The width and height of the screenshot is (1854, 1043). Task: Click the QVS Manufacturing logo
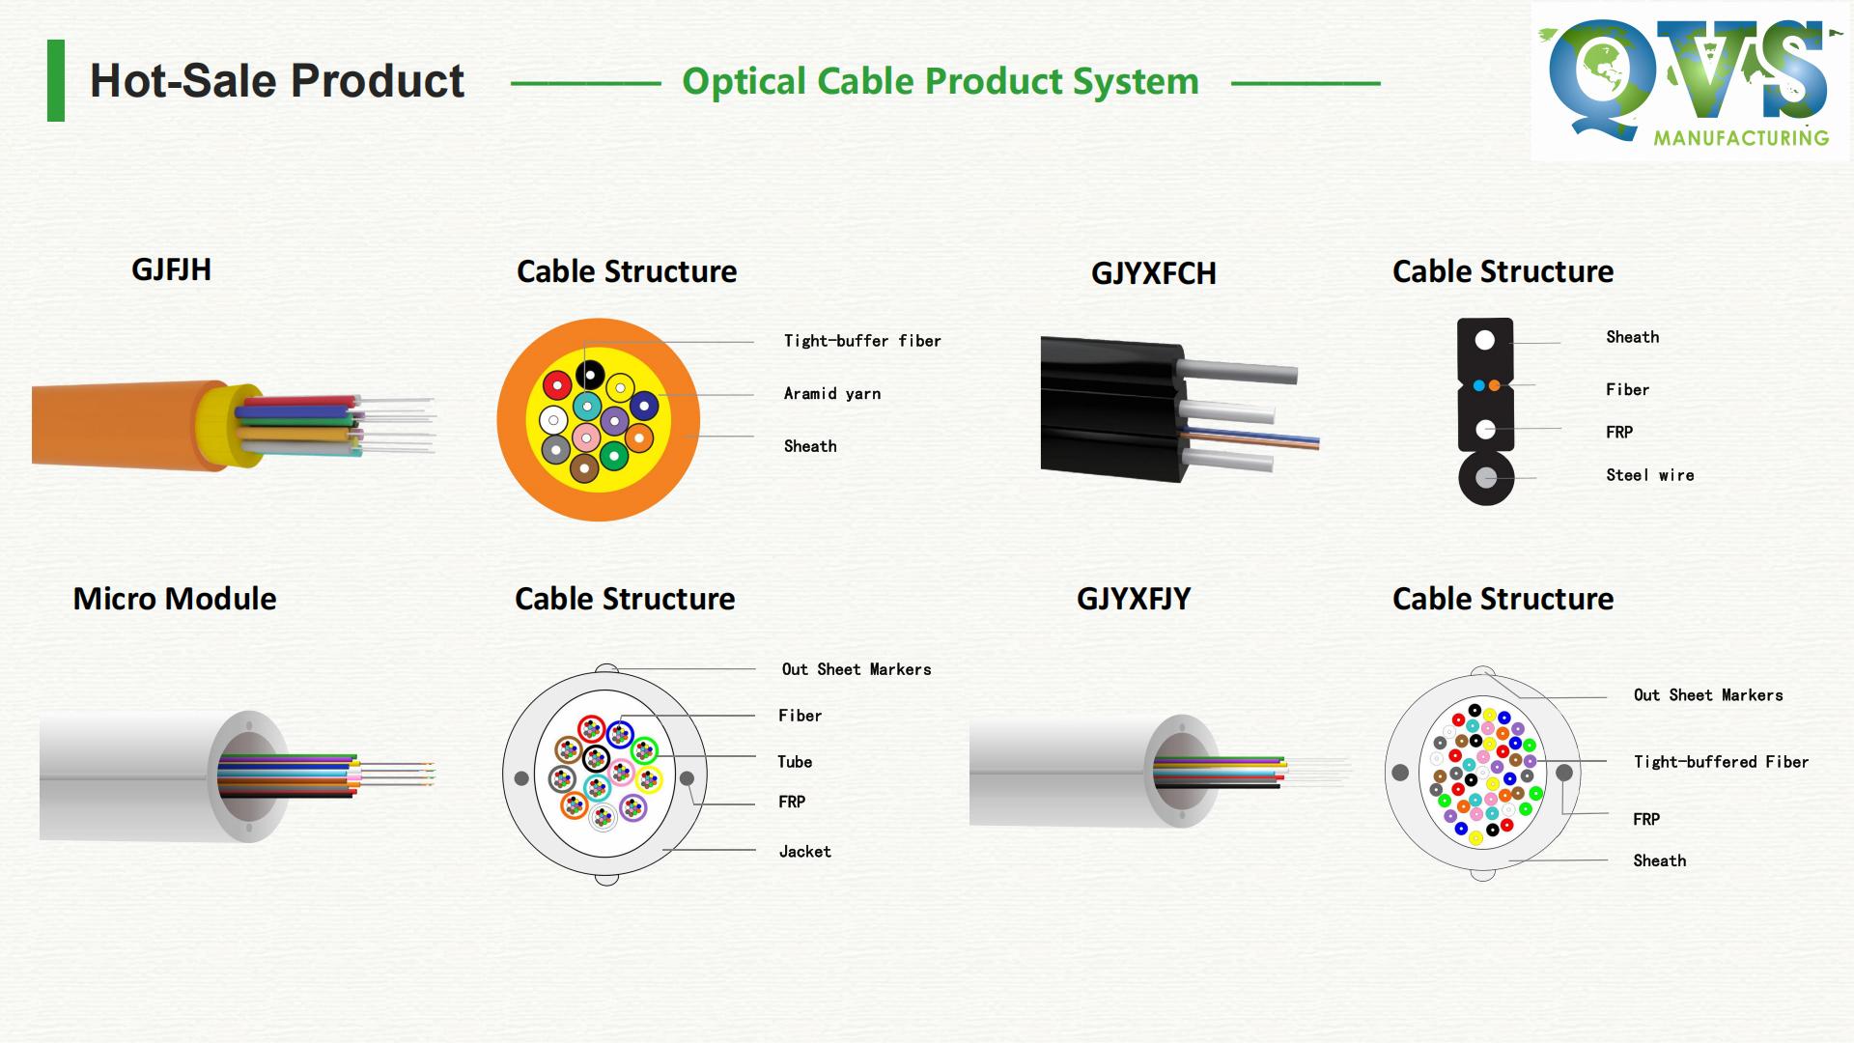click(x=1689, y=81)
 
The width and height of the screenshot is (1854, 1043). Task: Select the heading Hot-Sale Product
click(x=277, y=81)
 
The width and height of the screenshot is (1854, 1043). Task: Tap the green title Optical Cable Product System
click(x=940, y=82)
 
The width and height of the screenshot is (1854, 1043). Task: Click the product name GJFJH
click(x=171, y=269)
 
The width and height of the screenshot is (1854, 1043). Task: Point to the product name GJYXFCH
click(x=1153, y=273)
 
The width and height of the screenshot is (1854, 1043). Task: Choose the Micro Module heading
click(x=175, y=599)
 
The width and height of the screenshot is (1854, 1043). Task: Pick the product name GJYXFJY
click(x=1133, y=599)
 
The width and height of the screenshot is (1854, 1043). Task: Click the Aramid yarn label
click(x=831, y=394)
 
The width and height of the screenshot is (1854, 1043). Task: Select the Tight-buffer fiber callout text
click(x=861, y=341)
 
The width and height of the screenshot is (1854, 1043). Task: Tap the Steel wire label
click(x=1649, y=475)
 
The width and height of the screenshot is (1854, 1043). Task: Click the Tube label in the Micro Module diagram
click(x=795, y=762)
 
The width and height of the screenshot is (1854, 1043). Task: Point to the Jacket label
click(x=804, y=852)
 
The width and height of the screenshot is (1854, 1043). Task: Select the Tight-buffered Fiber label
click(x=1721, y=762)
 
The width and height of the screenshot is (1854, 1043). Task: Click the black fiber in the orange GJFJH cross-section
click(x=590, y=374)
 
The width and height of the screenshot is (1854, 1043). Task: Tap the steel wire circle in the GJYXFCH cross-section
click(x=1485, y=478)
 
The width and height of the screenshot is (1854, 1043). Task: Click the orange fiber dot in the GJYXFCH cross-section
click(x=1494, y=386)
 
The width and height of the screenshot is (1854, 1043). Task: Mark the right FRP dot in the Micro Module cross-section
click(x=687, y=778)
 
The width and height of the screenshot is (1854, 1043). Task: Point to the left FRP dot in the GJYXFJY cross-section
click(x=1400, y=773)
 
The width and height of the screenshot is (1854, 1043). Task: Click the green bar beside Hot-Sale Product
click(x=56, y=81)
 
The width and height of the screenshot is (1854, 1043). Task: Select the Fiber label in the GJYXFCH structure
click(x=1627, y=390)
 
